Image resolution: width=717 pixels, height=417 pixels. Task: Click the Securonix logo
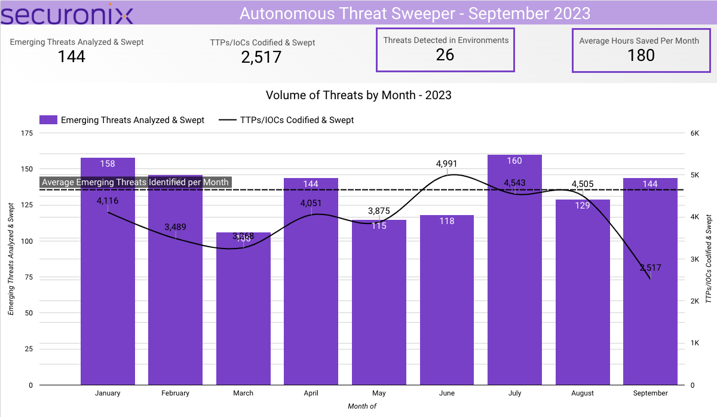click(x=66, y=13)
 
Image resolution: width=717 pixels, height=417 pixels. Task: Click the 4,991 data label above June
click(x=447, y=163)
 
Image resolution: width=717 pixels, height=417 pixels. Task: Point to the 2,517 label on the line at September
click(x=650, y=268)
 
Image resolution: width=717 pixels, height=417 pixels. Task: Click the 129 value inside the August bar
click(x=583, y=206)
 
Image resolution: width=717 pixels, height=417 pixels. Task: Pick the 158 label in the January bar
click(x=108, y=163)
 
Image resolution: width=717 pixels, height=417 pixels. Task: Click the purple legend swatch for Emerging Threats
click(x=48, y=120)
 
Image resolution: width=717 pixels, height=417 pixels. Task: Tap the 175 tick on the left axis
click(x=26, y=133)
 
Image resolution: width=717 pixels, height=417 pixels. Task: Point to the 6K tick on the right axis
click(x=694, y=133)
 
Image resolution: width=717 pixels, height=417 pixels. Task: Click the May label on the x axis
click(x=379, y=393)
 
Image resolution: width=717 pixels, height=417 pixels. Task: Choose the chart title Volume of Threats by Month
click(x=358, y=95)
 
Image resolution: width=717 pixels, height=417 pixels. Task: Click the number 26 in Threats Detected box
click(x=445, y=55)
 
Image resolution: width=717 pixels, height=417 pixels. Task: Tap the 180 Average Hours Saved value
click(x=641, y=56)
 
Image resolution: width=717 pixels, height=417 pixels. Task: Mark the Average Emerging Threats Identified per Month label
click(x=136, y=182)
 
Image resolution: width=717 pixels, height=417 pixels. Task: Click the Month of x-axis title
click(x=362, y=406)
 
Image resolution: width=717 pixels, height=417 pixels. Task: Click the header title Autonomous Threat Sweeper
click(x=415, y=13)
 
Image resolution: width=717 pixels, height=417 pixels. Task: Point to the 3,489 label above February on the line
click(x=176, y=227)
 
